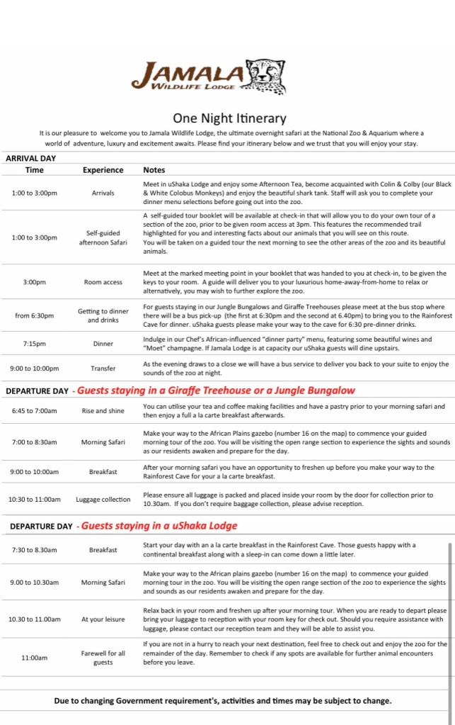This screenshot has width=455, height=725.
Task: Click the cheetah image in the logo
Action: (x=267, y=76)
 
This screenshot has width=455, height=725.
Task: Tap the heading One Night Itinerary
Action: (x=229, y=118)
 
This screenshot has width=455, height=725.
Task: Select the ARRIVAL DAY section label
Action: (x=30, y=159)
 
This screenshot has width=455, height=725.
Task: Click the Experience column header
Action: (x=103, y=170)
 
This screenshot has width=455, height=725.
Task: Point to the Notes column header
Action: (x=154, y=170)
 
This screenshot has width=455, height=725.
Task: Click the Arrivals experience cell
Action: (x=103, y=193)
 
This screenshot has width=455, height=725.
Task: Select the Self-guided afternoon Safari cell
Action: (x=103, y=237)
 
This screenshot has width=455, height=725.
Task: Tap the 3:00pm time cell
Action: (x=34, y=282)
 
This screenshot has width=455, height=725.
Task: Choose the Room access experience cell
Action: (x=103, y=282)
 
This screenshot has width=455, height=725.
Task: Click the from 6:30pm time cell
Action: (x=34, y=315)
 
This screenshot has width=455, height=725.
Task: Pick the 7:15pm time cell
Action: (x=34, y=344)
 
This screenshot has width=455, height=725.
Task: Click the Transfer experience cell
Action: (x=103, y=369)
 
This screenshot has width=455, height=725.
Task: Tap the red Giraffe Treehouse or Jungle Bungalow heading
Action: (x=216, y=390)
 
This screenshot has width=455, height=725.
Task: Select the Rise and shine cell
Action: (x=103, y=411)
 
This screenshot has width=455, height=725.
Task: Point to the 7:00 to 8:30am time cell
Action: (x=34, y=442)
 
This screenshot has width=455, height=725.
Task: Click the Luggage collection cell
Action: (x=103, y=500)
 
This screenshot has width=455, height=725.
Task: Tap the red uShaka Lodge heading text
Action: (x=159, y=526)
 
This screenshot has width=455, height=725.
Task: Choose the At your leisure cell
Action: (x=103, y=619)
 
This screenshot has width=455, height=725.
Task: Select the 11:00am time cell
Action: (x=34, y=658)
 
